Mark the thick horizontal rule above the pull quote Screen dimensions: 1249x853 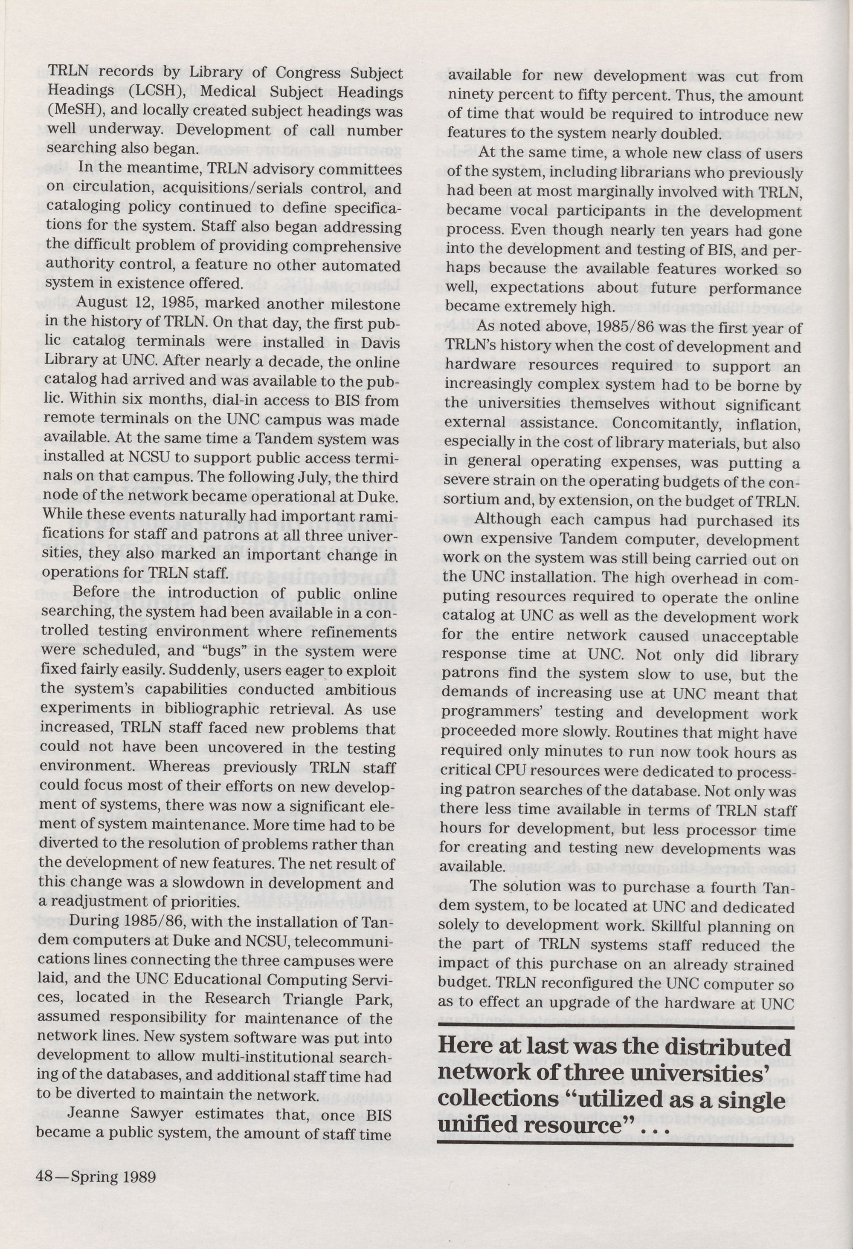point(616,1027)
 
